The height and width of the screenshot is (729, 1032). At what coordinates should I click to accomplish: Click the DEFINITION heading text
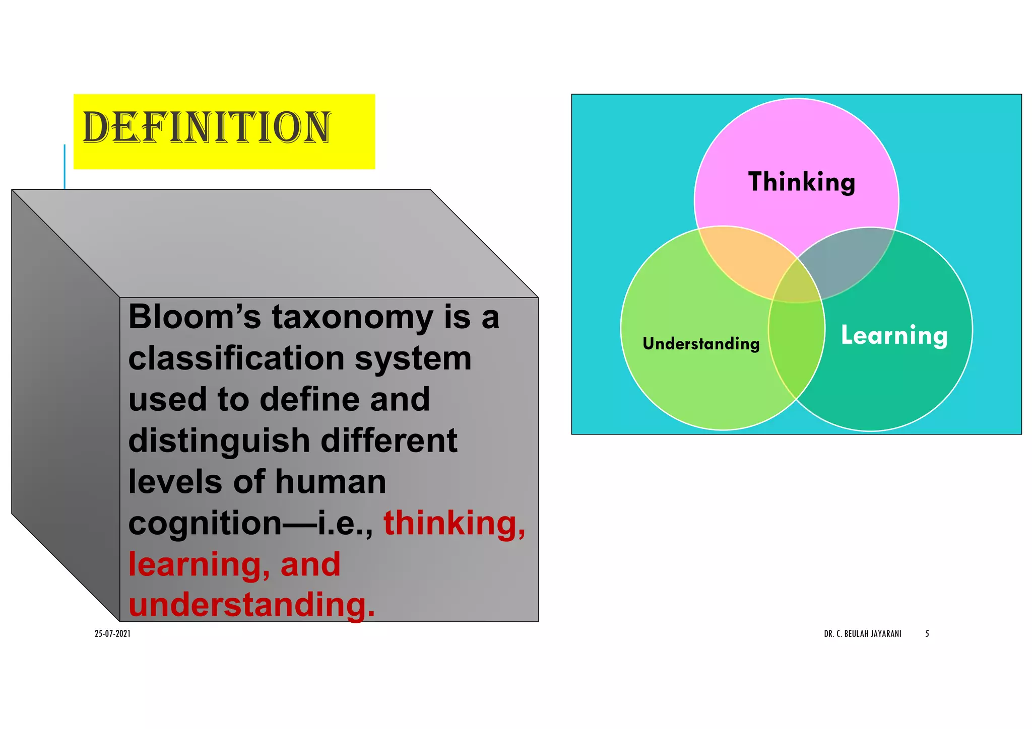coord(207,127)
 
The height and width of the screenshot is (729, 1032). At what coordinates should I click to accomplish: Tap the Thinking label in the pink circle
coord(801,182)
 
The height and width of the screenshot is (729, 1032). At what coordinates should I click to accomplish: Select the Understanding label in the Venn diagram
coord(701,344)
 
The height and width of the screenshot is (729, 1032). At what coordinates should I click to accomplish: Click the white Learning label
coord(894,335)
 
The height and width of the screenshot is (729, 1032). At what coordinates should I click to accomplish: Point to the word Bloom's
coord(195,317)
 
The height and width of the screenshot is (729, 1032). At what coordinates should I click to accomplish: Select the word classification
coord(236,358)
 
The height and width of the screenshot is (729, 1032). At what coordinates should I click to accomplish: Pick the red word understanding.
coord(251,605)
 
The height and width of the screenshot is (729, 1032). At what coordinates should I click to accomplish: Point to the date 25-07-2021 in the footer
coord(112,634)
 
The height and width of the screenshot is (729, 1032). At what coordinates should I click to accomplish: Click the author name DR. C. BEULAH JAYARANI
coord(862,634)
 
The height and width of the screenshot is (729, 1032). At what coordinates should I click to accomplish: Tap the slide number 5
coord(927,634)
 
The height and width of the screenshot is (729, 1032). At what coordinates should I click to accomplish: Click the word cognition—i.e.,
coord(250,524)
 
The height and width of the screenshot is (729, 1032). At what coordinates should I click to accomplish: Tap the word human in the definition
coord(330,482)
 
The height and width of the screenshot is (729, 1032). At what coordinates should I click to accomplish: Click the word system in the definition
coord(413,358)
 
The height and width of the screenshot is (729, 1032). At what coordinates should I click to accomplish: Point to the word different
coord(389,441)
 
